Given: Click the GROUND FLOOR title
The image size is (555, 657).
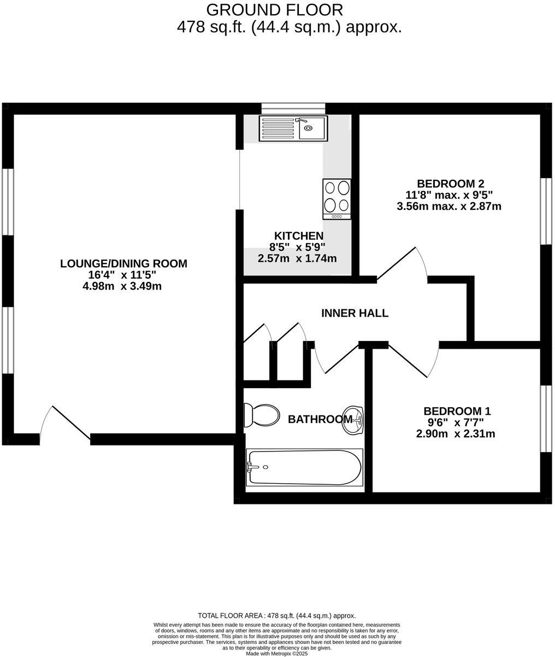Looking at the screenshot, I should [x=275, y=9].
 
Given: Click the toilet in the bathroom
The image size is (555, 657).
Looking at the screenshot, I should [x=260, y=415].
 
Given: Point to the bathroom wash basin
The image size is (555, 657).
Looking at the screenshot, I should [x=353, y=420].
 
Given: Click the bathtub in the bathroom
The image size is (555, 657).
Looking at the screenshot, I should [x=304, y=467].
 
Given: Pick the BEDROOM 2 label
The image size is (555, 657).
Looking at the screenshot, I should [x=450, y=184].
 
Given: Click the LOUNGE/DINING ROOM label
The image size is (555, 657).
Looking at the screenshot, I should [x=123, y=263].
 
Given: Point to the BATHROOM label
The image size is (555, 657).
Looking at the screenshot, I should [x=320, y=420].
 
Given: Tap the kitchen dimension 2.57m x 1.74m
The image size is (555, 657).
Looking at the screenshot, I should [x=297, y=258].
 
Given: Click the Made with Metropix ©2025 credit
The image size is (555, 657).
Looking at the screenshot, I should [x=277, y=653].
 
